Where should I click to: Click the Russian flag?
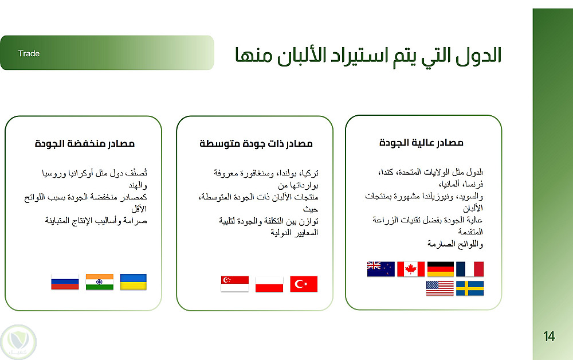65,282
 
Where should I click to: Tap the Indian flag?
99,282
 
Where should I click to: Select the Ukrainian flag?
134,282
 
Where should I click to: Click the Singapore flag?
235,284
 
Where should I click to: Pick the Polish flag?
269,284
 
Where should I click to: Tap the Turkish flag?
304,284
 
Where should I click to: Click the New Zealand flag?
381,269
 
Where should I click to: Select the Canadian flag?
411,269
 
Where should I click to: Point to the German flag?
440,269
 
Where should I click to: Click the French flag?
470,269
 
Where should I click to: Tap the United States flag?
440,288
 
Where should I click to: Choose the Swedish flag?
470,288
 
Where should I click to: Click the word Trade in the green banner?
29,53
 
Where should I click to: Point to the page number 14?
549,336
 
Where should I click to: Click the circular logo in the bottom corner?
18,342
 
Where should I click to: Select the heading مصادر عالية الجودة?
421,142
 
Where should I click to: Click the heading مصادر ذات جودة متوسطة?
256,143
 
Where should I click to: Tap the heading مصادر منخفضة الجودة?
85,143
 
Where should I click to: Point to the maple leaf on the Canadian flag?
411,269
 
